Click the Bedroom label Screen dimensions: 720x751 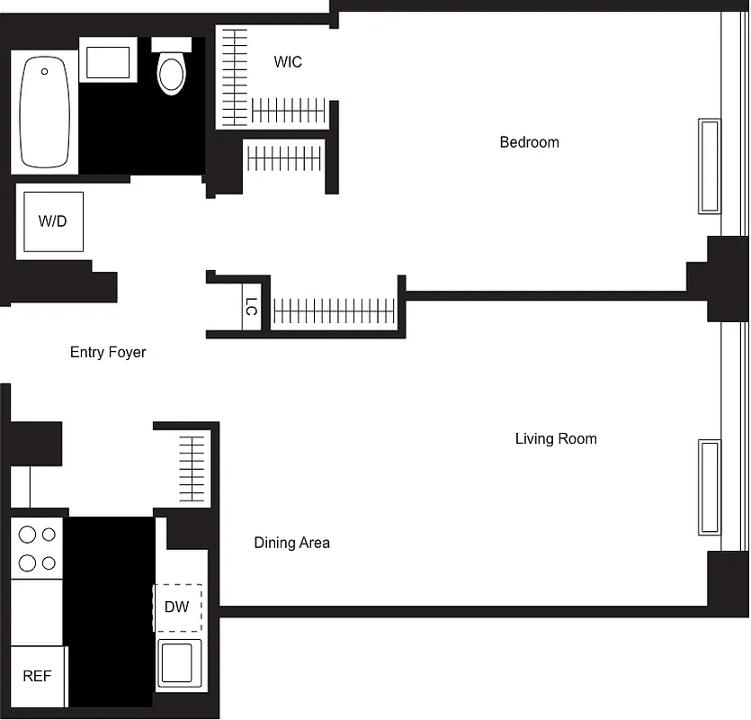[529, 142]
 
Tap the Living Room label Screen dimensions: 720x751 [556, 439]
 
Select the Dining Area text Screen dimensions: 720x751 [291, 543]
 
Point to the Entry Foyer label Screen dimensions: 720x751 [108, 352]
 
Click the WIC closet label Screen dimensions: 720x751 [288, 62]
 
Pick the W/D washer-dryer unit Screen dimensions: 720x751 [53, 221]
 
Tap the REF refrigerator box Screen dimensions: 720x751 [37, 676]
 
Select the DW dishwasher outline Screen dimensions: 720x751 [177, 607]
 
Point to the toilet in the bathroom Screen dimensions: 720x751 [172, 68]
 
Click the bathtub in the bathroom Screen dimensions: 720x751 [45, 112]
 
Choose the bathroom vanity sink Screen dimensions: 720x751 [109, 60]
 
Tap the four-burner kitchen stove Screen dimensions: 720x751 [37, 548]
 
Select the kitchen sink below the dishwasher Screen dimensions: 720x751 [179, 662]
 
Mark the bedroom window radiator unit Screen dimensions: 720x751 [710, 166]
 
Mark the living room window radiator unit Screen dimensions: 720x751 [710, 487]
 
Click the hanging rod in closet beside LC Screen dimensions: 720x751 [334, 311]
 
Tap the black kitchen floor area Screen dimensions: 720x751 [110, 612]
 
